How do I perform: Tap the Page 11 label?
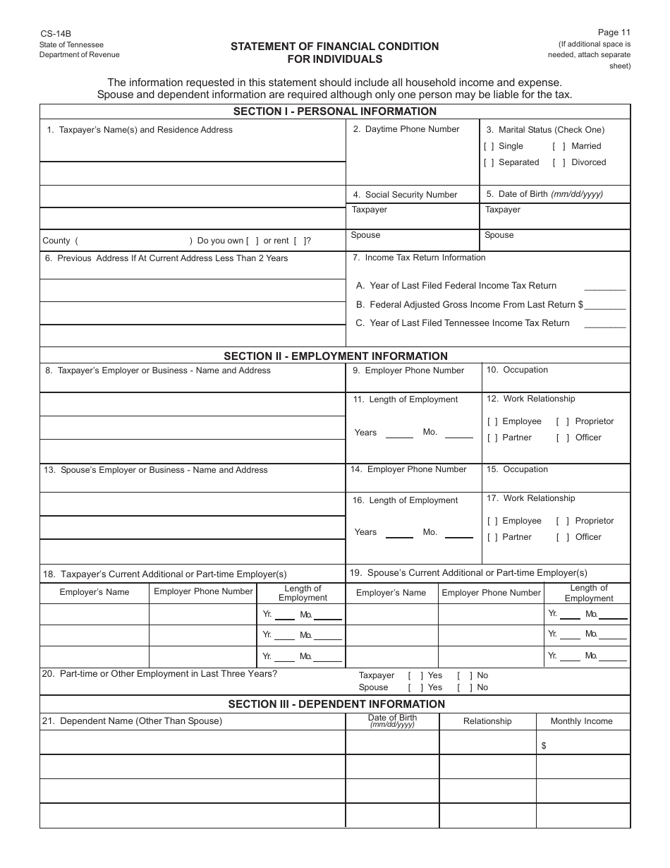click(x=614, y=32)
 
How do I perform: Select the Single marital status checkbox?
click(x=489, y=146)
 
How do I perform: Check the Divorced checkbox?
click(x=559, y=162)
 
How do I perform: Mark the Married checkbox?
click(x=559, y=146)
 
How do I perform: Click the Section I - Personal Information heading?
click(x=335, y=111)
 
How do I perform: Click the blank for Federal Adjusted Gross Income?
click(x=605, y=305)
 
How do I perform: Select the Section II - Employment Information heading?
click(x=335, y=356)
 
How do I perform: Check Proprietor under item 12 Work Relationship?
click(x=563, y=421)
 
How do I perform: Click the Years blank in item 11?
click(x=399, y=433)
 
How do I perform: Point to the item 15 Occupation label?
click(x=517, y=469)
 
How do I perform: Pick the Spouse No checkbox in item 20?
click(x=463, y=687)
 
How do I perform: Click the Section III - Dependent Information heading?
click(x=336, y=704)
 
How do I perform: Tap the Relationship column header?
click(x=487, y=721)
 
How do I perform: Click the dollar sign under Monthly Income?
click(x=544, y=746)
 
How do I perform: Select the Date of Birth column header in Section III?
click(x=392, y=720)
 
